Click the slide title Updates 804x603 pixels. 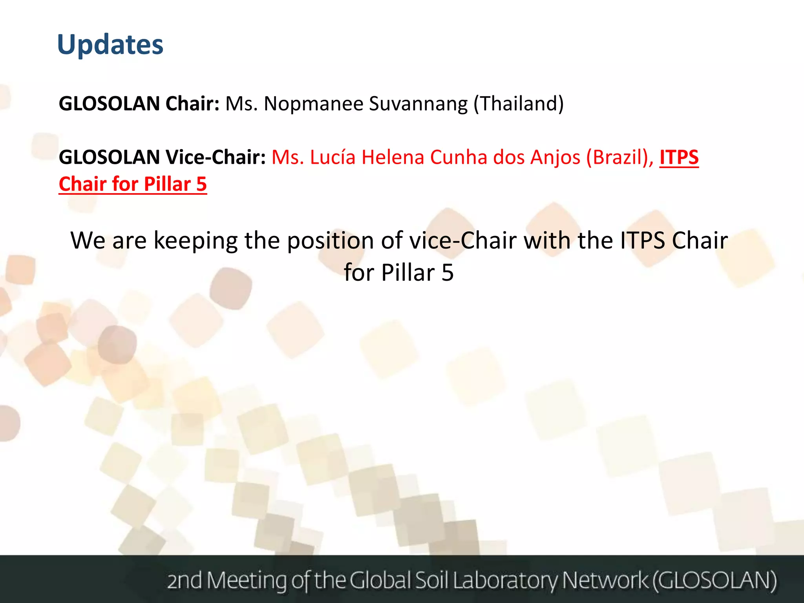[x=110, y=45]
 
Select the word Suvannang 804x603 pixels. [x=418, y=104]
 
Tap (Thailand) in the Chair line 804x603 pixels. [x=519, y=104]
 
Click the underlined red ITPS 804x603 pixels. [x=679, y=157]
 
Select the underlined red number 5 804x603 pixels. [x=201, y=184]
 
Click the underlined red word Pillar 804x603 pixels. [x=167, y=184]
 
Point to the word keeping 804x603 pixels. [x=196, y=241]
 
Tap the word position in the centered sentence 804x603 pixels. [x=330, y=241]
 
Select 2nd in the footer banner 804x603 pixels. [x=185, y=580]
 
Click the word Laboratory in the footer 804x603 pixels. [x=506, y=580]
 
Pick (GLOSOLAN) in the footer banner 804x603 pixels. [x=714, y=580]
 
